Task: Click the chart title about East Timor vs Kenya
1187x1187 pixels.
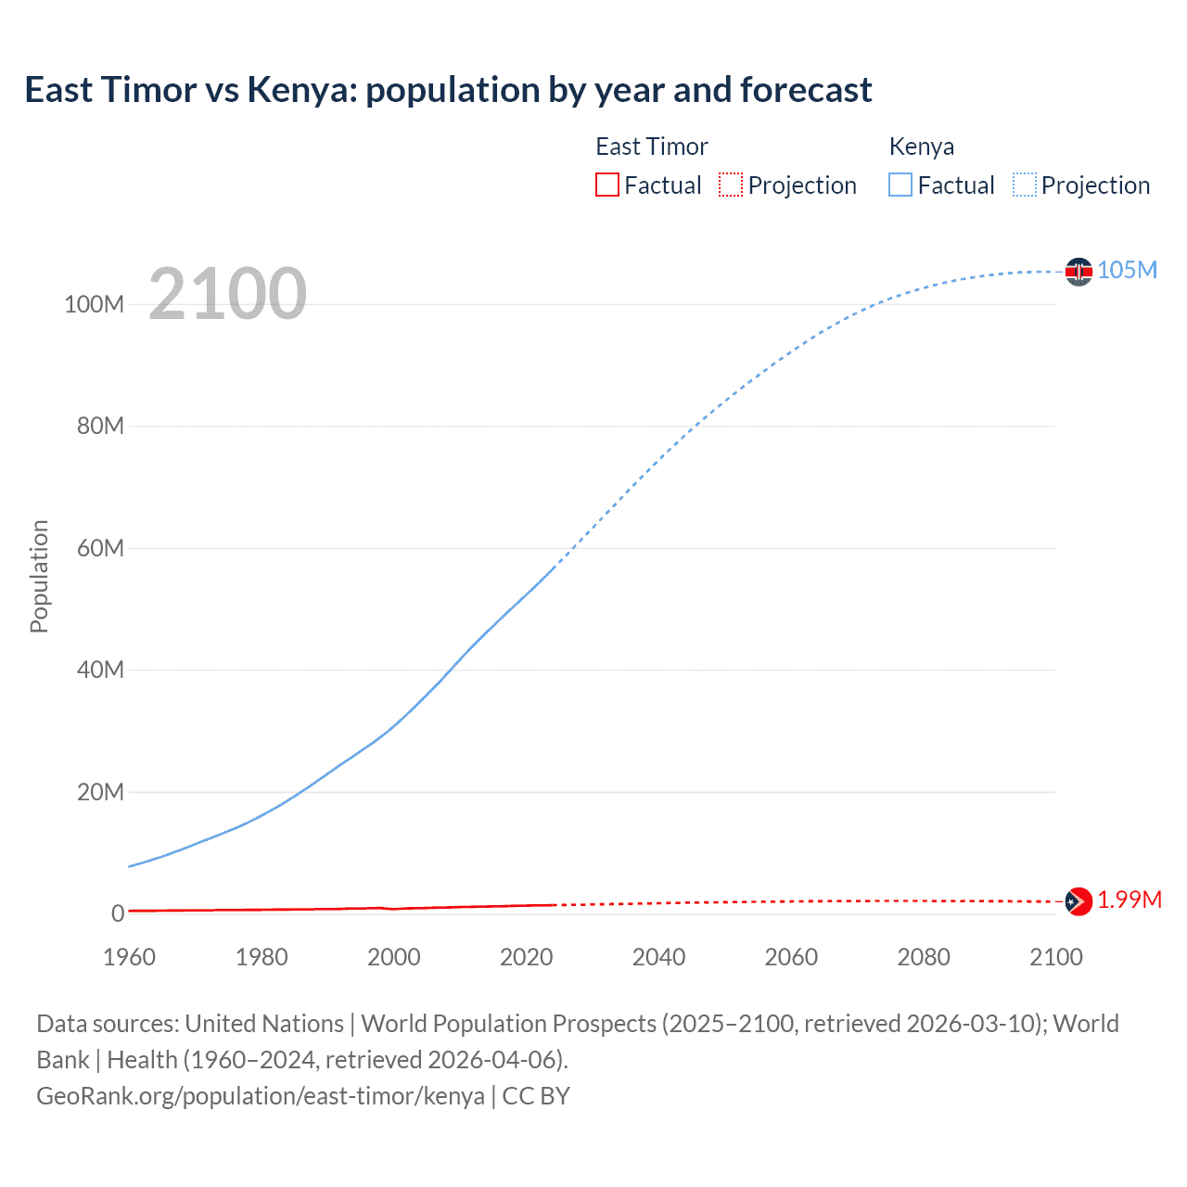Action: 448,90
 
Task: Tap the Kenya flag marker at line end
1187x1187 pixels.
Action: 1079,272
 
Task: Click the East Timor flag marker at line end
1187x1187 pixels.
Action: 1079,900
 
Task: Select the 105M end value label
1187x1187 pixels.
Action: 1127,270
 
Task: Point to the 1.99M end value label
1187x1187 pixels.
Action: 1130,900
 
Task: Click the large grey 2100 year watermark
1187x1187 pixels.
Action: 227,294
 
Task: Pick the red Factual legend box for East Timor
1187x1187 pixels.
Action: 607,185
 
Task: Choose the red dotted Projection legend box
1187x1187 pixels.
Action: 731,185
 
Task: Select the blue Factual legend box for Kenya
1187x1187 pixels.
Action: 900,185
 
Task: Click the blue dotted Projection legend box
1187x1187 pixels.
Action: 1025,185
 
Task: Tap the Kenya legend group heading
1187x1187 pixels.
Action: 921,147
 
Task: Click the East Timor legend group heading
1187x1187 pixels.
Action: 651,147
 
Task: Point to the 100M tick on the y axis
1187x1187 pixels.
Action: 94,304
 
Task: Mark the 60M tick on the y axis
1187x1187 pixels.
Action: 100,548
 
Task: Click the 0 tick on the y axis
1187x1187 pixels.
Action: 118,913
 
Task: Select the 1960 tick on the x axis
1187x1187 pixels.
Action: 129,957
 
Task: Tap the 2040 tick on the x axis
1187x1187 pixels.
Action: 658,957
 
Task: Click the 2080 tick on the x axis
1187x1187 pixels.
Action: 924,957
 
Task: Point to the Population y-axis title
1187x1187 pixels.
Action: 39,576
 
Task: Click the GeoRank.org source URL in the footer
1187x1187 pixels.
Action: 261,1096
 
